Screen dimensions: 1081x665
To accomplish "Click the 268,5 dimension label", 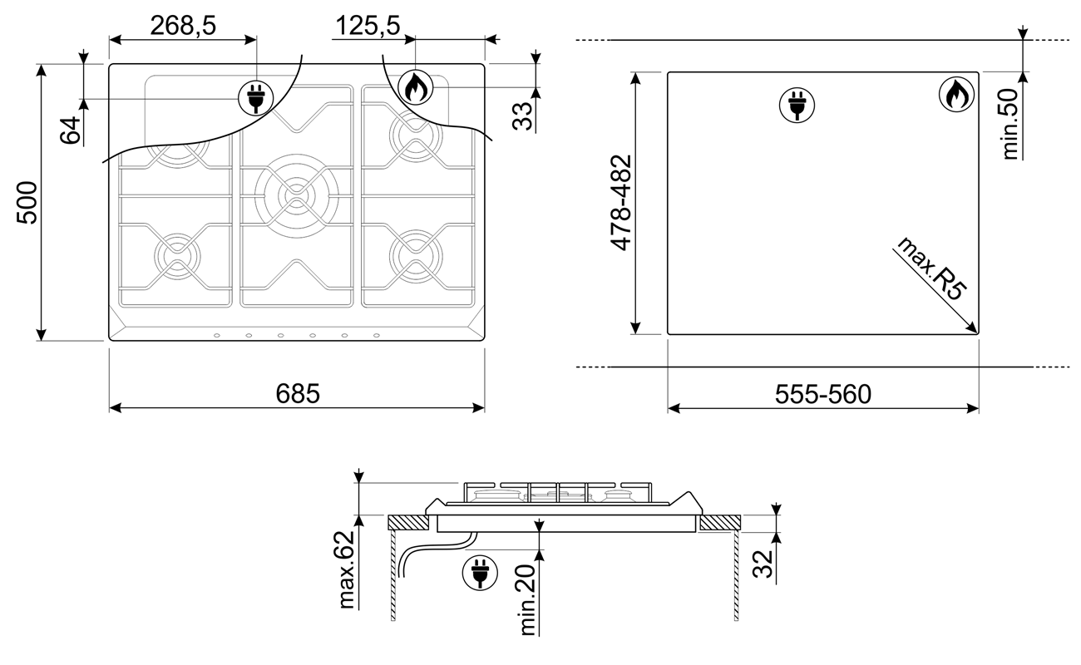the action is coord(183,26).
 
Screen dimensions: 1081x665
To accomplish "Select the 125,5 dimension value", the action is coord(368,26).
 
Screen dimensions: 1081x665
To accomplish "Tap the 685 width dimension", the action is coord(298,393).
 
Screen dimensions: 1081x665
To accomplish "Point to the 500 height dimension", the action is coord(27,202).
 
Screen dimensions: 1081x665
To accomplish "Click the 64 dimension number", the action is coord(71,130).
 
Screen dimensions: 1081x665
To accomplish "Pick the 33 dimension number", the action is coord(522,116).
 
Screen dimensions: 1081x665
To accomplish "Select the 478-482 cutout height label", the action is coord(621,203).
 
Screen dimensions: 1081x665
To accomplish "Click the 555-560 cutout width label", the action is coord(823,394).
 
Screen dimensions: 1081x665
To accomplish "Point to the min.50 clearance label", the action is coord(1009,124).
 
